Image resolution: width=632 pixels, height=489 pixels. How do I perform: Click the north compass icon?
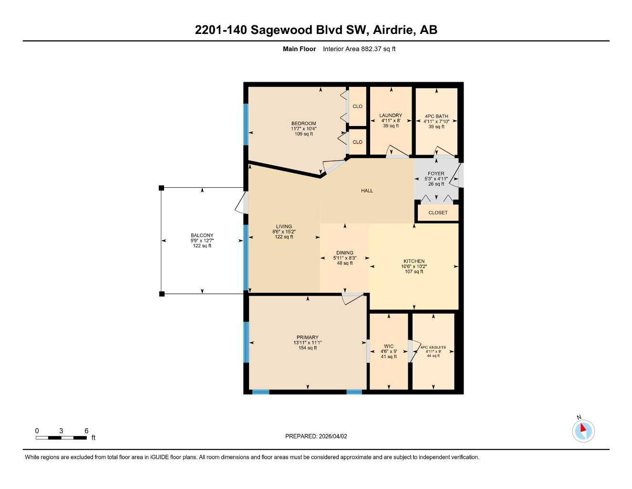[x=583, y=430]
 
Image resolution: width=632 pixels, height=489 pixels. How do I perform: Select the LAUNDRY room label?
[x=391, y=116]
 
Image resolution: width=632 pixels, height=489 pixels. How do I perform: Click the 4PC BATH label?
[x=436, y=116]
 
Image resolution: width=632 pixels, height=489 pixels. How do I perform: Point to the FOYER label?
[x=436, y=174]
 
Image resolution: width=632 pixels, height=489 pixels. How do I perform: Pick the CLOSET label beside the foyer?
[x=438, y=213]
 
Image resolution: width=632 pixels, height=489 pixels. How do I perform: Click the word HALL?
[x=367, y=191]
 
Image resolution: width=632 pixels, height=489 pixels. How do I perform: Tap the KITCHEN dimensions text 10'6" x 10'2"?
[x=414, y=266]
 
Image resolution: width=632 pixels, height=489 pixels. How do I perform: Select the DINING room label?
[x=344, y=253]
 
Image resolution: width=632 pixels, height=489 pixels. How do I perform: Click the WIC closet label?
[x=389, y=346]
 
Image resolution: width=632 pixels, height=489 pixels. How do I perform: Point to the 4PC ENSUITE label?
[x=433, y=348]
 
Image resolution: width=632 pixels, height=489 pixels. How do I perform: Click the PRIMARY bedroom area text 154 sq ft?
[x=308, y=348]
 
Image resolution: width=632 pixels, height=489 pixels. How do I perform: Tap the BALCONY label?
[x=202, y=235]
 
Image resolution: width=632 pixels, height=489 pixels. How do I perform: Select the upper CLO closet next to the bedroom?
[x=357, y=106]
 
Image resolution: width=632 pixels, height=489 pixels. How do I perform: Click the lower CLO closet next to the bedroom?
[x=357, y=142]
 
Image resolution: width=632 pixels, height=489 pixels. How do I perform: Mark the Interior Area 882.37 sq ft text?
[x=359, y=49]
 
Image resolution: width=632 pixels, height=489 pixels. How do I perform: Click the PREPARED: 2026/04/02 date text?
[x=316, y=436]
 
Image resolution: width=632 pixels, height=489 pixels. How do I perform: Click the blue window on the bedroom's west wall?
[x=246, y=124]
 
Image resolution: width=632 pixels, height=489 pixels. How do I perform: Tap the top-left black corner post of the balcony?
[x=161, y=188]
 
